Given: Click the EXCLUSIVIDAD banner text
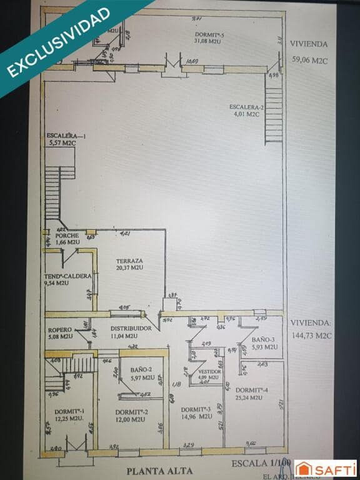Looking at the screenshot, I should [x=59, y=42].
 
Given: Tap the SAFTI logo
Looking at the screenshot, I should [x=325, y=468].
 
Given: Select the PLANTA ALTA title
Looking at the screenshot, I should [x=159, y=471].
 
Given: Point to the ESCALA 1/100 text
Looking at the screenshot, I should [x=261, y=463].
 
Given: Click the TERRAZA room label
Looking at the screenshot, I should [x=129, y=261].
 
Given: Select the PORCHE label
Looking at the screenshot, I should [x=67, y=236].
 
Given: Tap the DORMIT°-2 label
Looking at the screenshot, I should [x=132, y=412].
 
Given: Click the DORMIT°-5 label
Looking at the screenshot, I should [x=209, y=34].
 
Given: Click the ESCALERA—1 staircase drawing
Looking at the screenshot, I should [x=54, y=192].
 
